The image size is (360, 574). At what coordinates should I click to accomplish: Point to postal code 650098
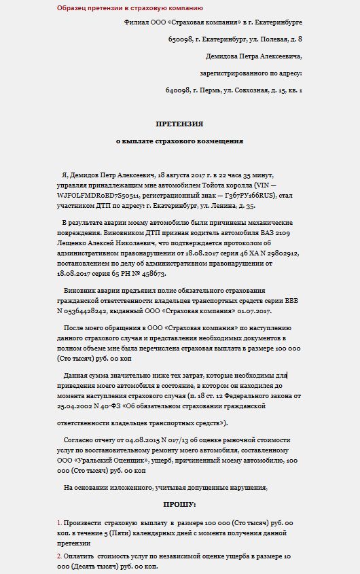(180, 39)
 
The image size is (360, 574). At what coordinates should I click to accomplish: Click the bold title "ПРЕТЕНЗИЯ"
(179, 124)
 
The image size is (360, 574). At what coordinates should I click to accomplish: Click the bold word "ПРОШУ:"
(179, 504)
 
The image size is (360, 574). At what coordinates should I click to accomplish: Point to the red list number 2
(59, 556)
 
